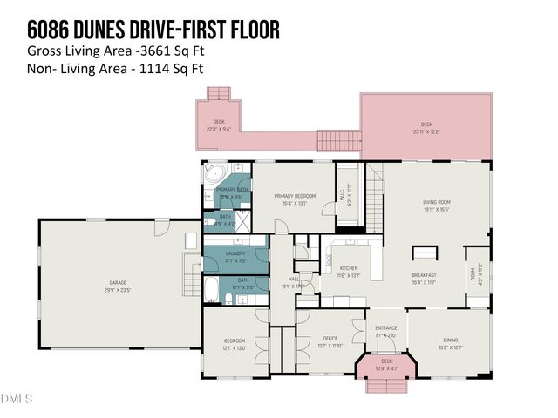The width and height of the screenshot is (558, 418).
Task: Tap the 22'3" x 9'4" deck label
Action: [x=219, y=125]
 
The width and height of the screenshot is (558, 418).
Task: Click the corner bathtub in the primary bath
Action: [x=214, y=173]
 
